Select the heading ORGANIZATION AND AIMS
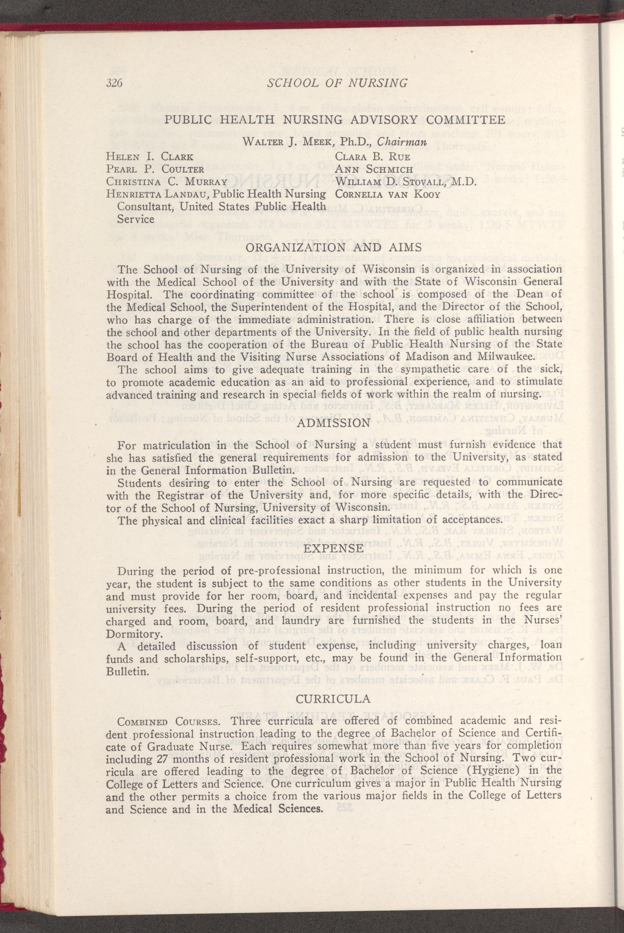pos(334,247)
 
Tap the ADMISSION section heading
pos(334,423)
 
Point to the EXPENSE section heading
pos(334,549)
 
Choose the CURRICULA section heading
pos(334,699)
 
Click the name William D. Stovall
pos(390,182)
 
